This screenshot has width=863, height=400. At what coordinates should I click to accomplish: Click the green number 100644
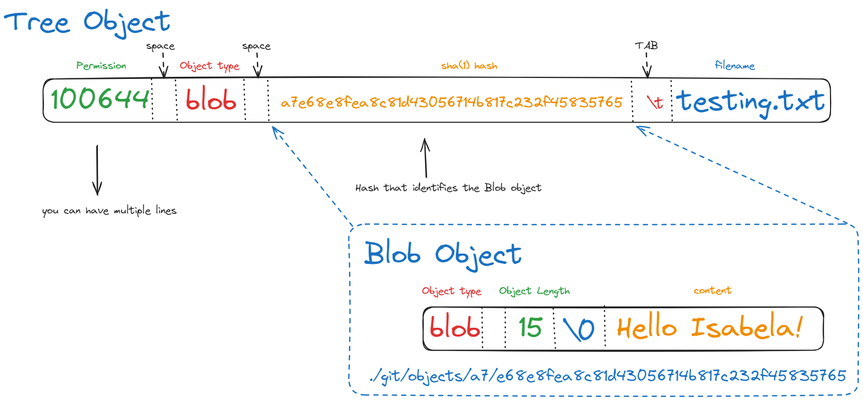[100, 99]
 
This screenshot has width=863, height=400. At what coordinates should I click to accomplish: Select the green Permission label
[101, 66]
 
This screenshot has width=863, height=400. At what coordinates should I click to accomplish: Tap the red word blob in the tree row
[211, 99]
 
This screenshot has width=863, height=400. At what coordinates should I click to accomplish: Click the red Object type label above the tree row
[209, 66]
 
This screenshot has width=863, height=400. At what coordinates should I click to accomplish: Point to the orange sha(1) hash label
[469, 66]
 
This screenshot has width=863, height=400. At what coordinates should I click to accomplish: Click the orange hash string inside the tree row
[451, 103]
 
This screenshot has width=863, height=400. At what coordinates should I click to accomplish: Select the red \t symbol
[654, 102]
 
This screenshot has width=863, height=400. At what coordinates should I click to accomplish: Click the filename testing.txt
[750, 101]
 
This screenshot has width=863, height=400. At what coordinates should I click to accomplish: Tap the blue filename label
[735, 65]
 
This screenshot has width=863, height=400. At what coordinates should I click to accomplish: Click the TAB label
[646, 46]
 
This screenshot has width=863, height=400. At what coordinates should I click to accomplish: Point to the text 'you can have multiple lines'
[109, 211]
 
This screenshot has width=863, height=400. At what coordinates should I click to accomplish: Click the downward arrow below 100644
[97, 170]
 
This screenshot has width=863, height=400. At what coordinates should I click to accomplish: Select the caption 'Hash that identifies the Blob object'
[448, 188]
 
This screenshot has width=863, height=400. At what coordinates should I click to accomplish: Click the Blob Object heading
[443, 254]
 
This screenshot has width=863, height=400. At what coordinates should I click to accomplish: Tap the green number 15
[530, 328]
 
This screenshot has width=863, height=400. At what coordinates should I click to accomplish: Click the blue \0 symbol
[579, 329]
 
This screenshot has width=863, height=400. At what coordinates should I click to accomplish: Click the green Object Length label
[534, 291]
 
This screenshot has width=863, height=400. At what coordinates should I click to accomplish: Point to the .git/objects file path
[608, 376]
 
